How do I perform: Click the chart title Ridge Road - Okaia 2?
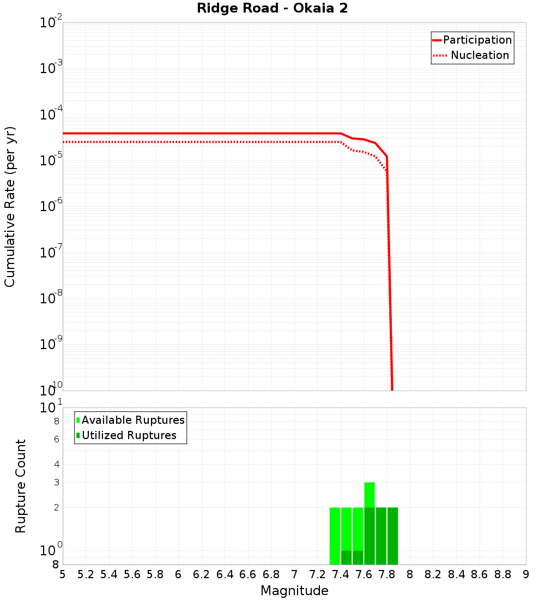coord(272,9)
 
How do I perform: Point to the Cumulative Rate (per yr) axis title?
coord(10,206)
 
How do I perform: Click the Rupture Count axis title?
coord(21,486)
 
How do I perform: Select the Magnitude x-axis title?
coord(294,591)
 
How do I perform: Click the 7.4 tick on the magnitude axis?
coord(341,574)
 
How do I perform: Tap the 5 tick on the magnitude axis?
coord(63,574)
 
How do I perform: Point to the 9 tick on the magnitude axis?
coord(525,574)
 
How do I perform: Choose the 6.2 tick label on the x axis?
coord(202,574)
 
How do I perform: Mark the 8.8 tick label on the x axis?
coord(502,574)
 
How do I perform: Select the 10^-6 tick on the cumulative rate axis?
coord(51,206)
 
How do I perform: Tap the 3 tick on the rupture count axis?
coord(56,482)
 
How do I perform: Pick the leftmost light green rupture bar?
coord(335,536)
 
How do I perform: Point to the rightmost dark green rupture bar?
coord(392,536)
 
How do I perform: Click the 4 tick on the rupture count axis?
coord(56,464)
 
